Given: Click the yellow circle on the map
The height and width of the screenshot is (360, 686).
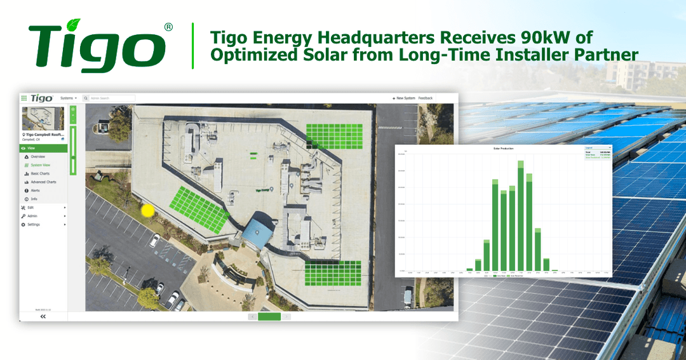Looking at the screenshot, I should [148, 211].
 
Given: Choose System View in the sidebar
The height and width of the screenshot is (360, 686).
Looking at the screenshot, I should [41, 165].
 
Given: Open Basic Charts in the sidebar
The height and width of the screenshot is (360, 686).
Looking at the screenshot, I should [40, 173].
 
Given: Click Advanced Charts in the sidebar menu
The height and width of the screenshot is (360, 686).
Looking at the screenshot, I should [43, 182].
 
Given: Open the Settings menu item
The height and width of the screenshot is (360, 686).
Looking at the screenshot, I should [33, 224].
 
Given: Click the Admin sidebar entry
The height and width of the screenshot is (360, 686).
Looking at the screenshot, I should [32, 216].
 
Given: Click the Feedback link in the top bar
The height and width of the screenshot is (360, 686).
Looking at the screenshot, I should [425, 98].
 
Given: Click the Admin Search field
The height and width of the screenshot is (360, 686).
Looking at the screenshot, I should [109, 98].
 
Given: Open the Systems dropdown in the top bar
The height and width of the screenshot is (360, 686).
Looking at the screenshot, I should [68, 98].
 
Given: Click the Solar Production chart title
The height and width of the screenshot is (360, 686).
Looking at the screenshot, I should [503, 149].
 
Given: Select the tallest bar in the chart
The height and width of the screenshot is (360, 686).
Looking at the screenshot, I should [521, 216].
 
